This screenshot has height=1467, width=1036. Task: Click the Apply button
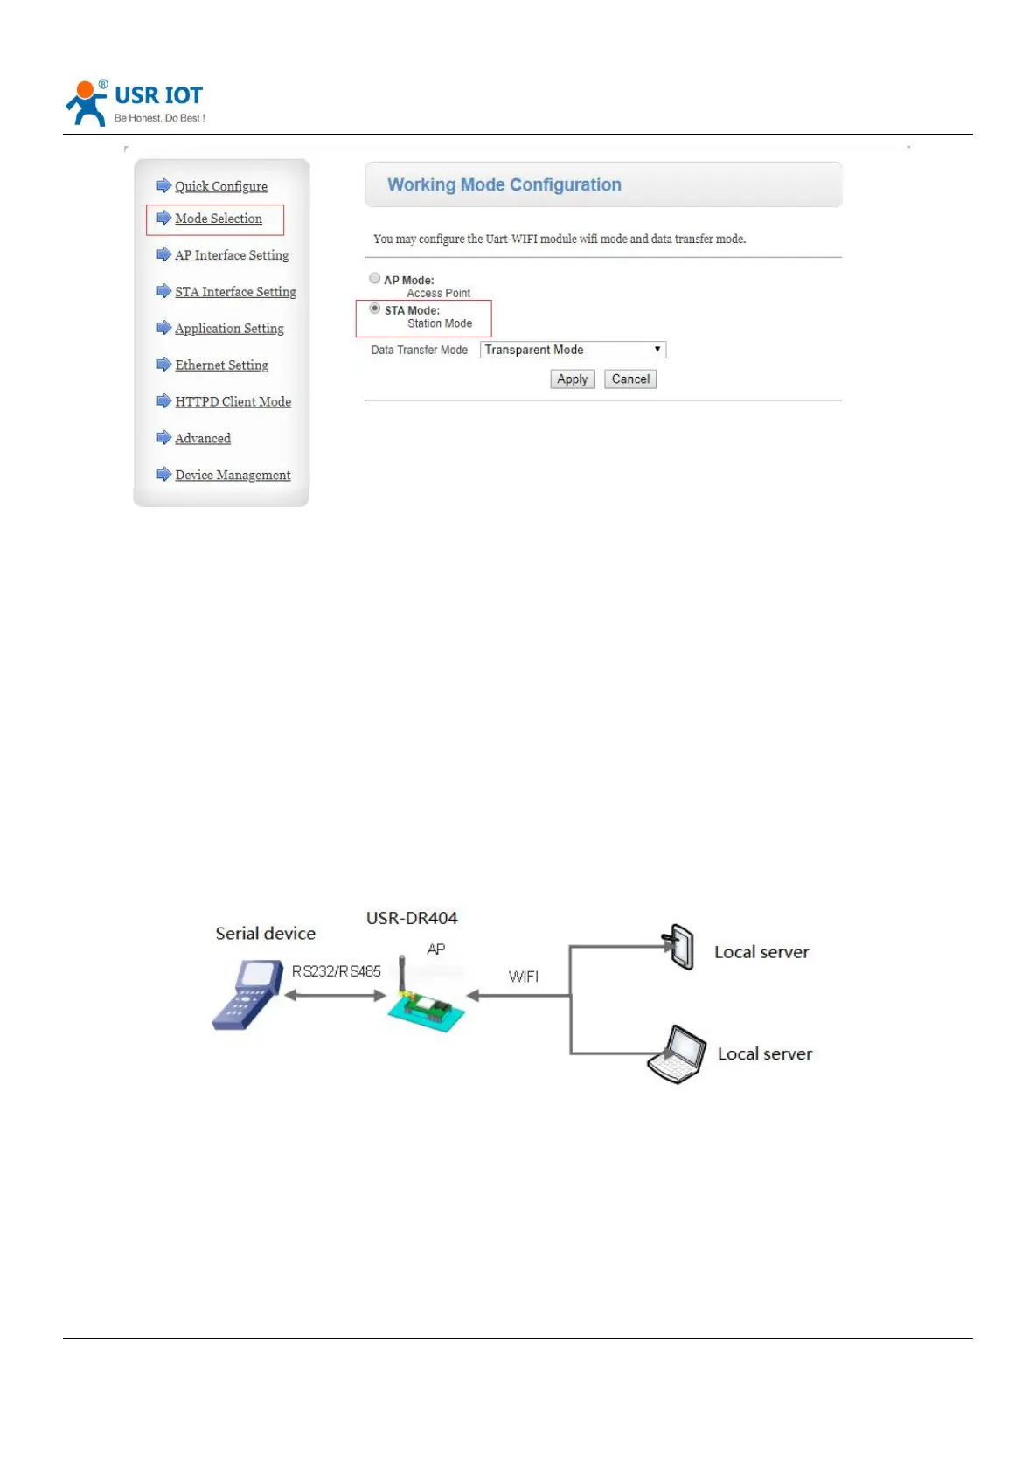573,379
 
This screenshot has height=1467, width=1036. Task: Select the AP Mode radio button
375,279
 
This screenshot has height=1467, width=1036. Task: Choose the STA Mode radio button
375,309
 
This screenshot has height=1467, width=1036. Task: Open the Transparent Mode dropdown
573,350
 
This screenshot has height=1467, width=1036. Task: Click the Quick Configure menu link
220,186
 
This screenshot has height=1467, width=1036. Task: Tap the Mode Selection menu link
218,219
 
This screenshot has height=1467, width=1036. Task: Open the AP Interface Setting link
231,255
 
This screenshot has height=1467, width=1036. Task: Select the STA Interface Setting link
235,292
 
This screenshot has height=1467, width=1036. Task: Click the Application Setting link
229,329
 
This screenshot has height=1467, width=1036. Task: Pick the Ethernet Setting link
221,365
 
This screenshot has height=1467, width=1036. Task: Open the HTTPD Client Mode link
233,402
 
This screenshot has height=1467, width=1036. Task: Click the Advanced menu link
203,439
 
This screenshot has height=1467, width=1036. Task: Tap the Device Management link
233,476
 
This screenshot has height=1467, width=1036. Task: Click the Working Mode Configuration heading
504,185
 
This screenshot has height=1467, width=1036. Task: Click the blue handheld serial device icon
247,994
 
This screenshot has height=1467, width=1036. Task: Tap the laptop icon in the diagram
678,1054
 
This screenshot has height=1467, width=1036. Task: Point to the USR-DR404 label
412,918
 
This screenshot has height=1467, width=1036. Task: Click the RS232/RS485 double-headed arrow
336,995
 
